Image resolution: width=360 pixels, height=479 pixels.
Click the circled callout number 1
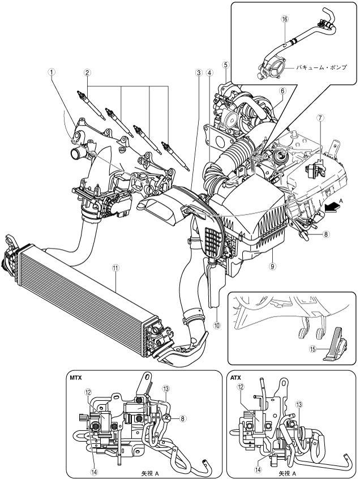point(52,72)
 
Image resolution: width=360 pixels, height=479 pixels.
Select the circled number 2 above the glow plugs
point(88,72)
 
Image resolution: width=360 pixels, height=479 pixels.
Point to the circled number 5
point(225,65)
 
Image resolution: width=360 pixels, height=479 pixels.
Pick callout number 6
point(282,91)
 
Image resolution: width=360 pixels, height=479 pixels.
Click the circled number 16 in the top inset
point(285,19)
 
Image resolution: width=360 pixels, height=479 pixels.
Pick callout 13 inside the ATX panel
point(299,405)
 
